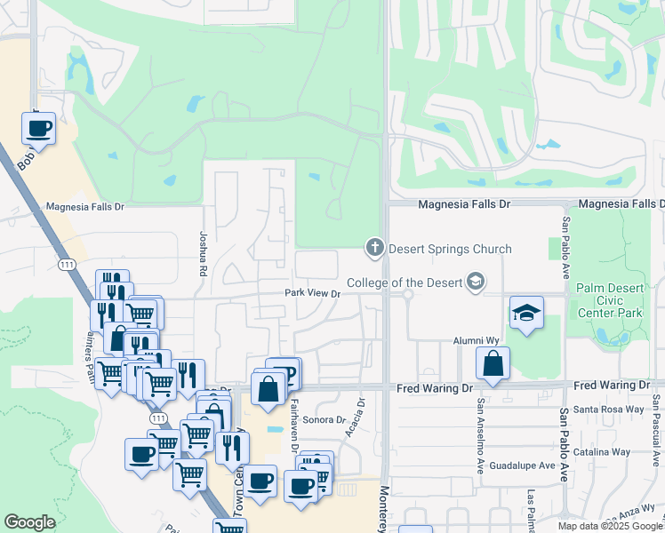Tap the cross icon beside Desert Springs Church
tap(374, 247)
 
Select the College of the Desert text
tap(405, 282)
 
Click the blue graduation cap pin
tap(526, 314)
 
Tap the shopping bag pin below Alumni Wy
tap(493, 364)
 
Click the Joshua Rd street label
tap(203, 252)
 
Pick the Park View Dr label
tap(312, 293)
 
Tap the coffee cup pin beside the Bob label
tap(39, 129)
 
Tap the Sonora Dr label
tap(324, 419)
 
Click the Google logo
tap(29, 522)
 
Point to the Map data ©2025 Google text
tap(609, 526)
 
